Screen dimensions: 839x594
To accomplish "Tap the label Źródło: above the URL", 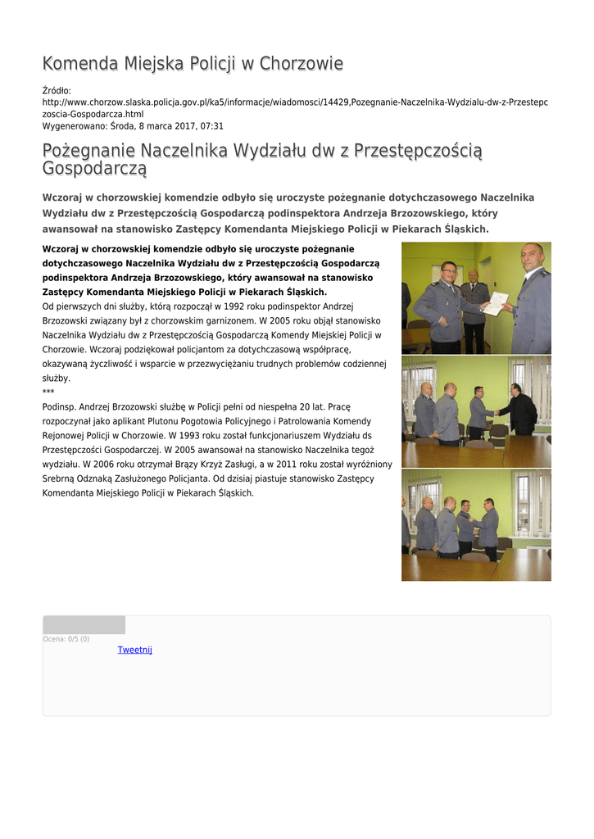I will coord(57,90).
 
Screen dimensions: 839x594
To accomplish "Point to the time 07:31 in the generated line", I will coord(211,126).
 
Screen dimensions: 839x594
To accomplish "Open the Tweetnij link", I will coord(134,650).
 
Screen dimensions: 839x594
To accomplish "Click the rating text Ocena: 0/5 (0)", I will coord(66,639).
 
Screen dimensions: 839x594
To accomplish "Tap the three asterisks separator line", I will coord(48,392).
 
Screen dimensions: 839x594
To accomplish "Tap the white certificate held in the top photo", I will coord(494,303).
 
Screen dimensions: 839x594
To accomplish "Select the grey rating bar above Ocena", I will coord(84,625).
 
